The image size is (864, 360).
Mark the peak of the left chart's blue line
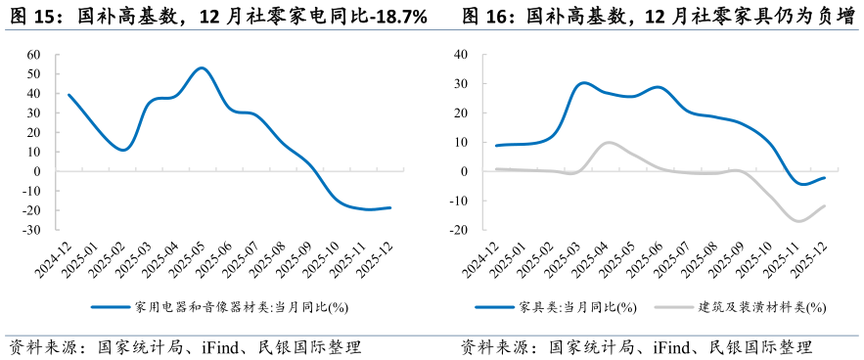point(201,67)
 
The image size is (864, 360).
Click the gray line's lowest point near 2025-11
point(799,221)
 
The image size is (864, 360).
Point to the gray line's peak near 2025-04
point(608,143)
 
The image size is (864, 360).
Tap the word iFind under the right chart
point(649,347)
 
